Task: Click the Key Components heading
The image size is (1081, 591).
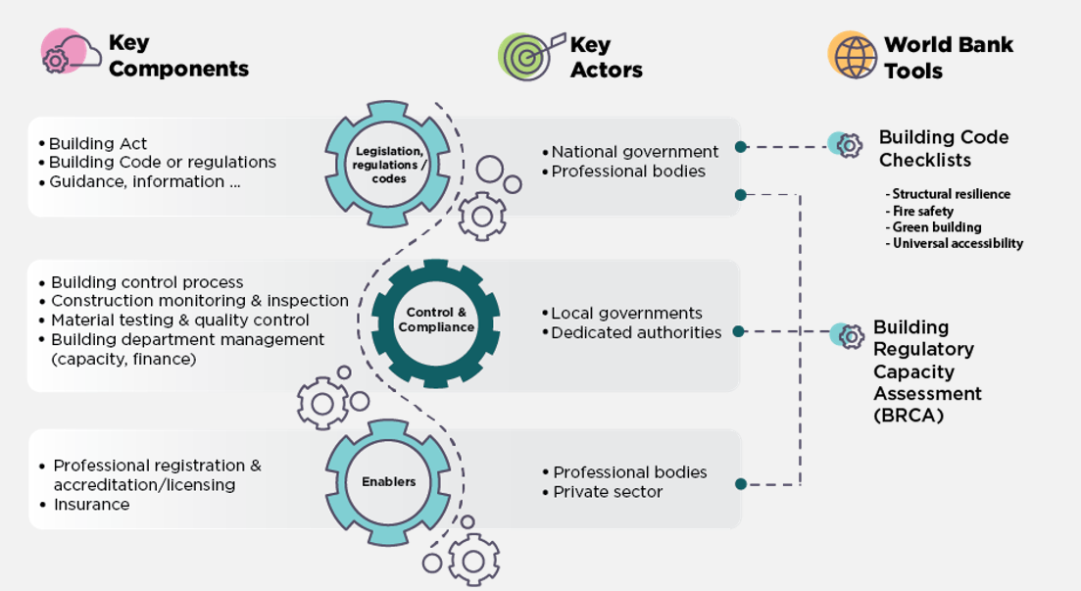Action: tap(177, 56)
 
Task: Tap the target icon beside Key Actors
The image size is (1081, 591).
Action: tap(528, 56)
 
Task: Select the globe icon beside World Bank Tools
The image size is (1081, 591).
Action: tap(852, 55)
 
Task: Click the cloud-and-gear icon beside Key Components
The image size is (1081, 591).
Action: tap(68, 52)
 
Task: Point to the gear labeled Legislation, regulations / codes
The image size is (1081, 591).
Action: tap(388, 165)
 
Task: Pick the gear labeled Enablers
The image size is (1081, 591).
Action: tap(388, 481)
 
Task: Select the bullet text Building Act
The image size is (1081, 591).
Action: tap(98, 143)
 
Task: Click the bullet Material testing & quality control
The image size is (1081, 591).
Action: tap(180, 320)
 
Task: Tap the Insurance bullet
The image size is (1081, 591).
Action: tap(91, 505)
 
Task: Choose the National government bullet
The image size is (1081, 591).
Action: tap(634, 152)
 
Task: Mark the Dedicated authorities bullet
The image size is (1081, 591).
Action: tap(636, 333)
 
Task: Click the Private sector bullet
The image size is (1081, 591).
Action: tap(608, 492)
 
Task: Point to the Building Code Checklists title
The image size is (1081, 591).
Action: tap(943, 148)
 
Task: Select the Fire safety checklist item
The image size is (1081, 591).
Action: tap(922, 211)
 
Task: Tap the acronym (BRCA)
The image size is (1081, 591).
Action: tap(908, 415)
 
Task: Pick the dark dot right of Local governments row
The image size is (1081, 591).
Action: tap(738, 332)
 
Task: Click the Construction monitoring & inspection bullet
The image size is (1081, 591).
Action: tap(200, 301)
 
